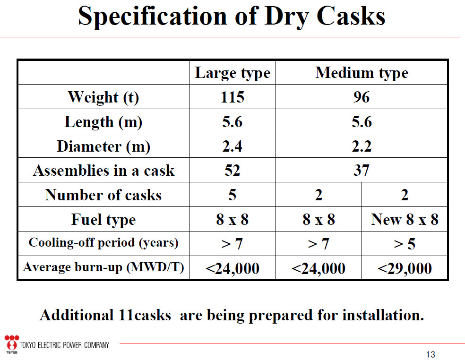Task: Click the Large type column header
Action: point(232,73)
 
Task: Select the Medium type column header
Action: point(362,73)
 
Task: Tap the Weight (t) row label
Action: point(103,97)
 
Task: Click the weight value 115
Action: point(232,97)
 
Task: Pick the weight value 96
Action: point(362,97)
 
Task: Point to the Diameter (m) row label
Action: point(103,146)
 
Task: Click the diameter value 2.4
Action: point(232,146)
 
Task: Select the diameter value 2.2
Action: point(362,146)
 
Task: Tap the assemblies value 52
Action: point(232,171)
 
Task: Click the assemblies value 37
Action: point(362,171)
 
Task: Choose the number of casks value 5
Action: point(232,195)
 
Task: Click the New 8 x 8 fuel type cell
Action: point(405,220)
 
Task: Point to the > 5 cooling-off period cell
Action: point(405,244)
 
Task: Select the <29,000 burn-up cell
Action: point(405,269)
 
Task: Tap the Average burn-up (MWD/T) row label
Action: point(103,267)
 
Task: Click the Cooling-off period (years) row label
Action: point(103,243)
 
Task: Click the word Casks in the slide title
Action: point(351,16)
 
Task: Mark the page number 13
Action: point(431,354)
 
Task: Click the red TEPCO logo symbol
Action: point(12,343)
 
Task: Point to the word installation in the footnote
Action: point(383,315)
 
